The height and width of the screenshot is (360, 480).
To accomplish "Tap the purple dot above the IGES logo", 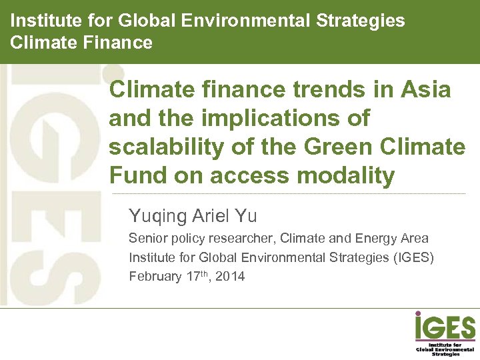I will [418, 313].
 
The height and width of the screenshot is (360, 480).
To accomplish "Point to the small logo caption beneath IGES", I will [445, 349].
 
